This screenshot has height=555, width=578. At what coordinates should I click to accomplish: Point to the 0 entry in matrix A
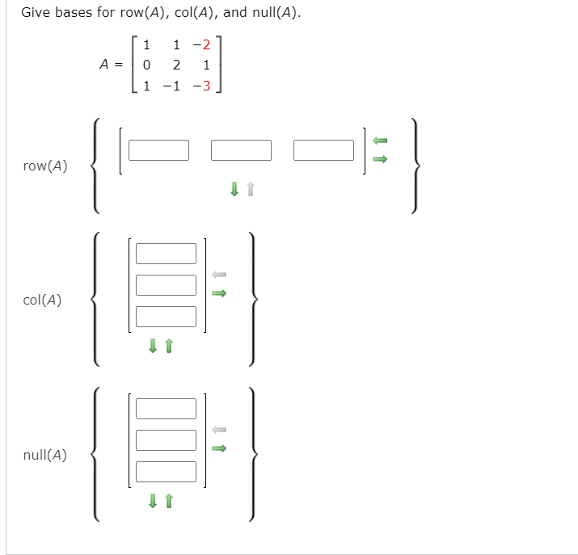point(146,65)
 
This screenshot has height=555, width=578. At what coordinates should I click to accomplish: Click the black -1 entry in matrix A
point(172,86)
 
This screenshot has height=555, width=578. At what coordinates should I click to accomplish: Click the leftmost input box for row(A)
point(158,150)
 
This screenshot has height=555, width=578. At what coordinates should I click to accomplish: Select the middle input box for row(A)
point(242,150)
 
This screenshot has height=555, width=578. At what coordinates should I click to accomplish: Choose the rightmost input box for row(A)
point(324,150)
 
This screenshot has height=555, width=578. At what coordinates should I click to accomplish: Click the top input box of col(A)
point(166,254)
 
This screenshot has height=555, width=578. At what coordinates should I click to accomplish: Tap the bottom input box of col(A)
point(166,317)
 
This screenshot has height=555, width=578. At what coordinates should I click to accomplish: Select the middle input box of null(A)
point(166,440)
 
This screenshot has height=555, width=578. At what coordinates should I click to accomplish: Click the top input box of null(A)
point(166,409)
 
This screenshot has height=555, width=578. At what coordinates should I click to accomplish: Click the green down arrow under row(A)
point(234,190)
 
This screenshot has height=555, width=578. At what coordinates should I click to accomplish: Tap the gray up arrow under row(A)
point(251,190)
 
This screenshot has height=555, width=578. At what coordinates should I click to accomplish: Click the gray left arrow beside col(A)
point(218,275)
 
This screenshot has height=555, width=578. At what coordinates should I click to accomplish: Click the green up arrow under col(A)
point(169,347)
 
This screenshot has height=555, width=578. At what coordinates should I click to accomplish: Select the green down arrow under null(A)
point(152,502)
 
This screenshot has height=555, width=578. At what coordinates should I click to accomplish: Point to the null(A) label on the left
point(44,455)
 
